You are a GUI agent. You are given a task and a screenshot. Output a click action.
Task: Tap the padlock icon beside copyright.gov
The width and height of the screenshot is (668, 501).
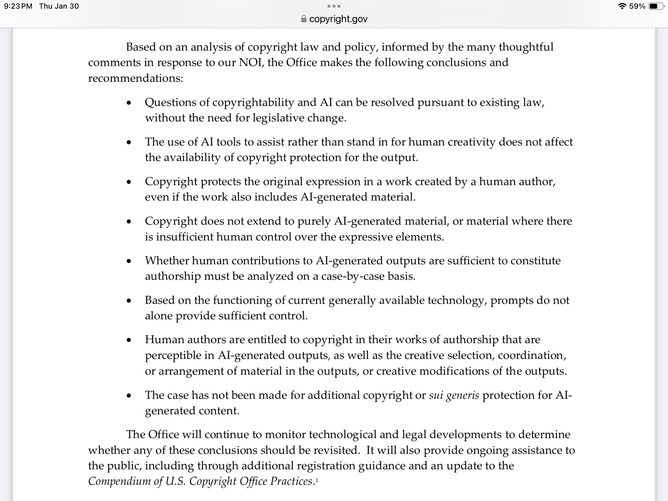tap(304, 19)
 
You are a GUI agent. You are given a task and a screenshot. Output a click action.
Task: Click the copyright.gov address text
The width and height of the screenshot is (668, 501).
tap(338, 19)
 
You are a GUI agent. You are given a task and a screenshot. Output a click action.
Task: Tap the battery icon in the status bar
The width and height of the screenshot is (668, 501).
tap(655, 6)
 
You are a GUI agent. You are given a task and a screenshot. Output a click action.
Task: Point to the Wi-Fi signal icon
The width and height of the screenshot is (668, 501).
tap(622, 6)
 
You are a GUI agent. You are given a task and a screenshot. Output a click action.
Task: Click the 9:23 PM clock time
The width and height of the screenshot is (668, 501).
tap(18, 6)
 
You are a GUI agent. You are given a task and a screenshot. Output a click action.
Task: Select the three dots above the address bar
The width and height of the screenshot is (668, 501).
tap(334, 6)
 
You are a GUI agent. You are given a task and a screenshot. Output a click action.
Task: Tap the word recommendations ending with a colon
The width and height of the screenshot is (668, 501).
tap(135, 78)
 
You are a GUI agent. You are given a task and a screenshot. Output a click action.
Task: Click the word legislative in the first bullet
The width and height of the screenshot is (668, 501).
tap(278, 118)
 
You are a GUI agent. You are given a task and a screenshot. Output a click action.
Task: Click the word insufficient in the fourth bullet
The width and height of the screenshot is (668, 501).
tap(184, 237)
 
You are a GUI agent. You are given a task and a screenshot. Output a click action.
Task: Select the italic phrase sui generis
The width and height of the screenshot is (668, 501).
tap(454, 395)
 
